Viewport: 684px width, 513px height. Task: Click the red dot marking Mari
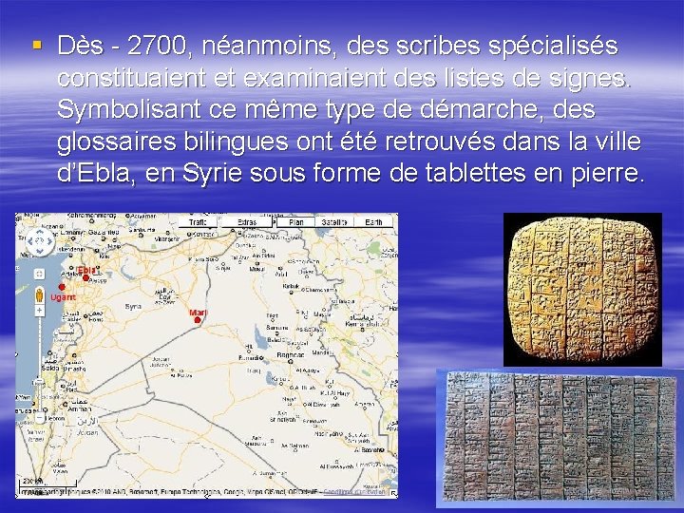click(x=197, y=320)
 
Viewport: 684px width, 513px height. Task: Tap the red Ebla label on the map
click(x=86, y=270)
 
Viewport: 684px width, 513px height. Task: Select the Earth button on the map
click(x=376, y=221)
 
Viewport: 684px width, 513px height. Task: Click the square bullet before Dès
click(x=36, y=46)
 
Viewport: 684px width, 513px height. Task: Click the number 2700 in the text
click(x=159, y=46)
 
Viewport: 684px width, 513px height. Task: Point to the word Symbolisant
click(x=135, y=110)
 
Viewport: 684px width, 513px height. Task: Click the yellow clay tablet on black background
click(x=581, y=289)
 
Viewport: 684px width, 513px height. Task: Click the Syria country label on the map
click(x=133, y=306)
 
